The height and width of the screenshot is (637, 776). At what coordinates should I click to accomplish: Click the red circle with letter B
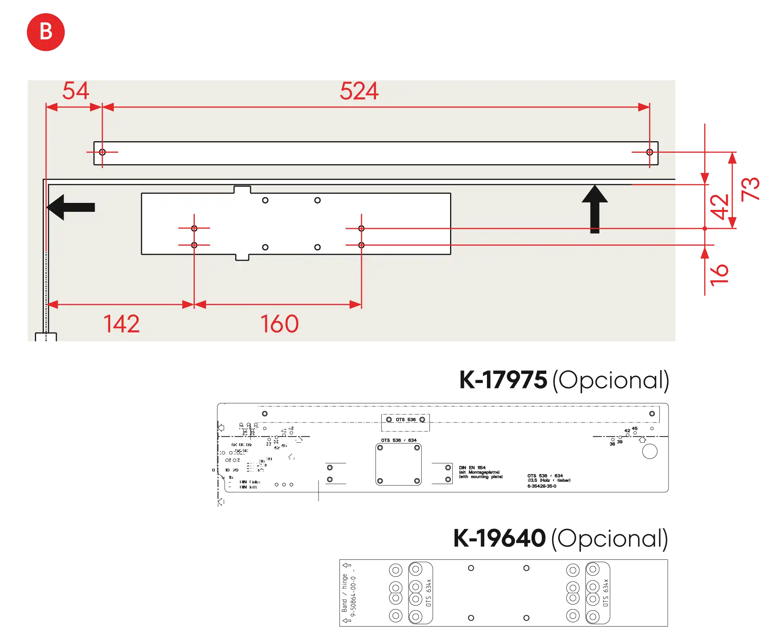[x=45, y=32]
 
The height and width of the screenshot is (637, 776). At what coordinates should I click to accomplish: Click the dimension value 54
[x=76, y=91]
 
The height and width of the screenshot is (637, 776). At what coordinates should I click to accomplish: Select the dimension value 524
[x=359, y=92]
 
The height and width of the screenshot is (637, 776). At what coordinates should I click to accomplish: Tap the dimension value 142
[x=121, y=324]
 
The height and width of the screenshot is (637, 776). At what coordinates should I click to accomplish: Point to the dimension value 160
[x=279, y=324]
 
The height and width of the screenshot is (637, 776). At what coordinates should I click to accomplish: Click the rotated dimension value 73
[x=750, y=189]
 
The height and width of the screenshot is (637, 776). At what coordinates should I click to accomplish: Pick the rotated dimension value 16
[x=720, y=275]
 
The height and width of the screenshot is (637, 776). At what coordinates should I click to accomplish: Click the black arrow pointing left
[x=72, y=207]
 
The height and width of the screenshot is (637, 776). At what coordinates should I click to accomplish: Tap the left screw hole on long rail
[x=102, y=152]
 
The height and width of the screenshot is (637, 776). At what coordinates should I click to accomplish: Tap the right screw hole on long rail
[x=650, y=152]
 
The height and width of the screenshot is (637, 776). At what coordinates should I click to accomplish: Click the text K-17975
[x=503, y=380]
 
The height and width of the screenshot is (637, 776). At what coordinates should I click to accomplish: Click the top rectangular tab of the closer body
[x=242, y=189]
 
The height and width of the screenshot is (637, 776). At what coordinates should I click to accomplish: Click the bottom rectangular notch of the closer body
[x=242, y=257]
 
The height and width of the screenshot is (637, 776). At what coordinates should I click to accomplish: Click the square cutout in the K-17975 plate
[x=398, y=465]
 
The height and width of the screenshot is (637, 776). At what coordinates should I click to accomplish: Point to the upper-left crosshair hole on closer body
[x=194, y=228]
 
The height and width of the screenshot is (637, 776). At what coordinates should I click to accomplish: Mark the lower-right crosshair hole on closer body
[x=361, y=245]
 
